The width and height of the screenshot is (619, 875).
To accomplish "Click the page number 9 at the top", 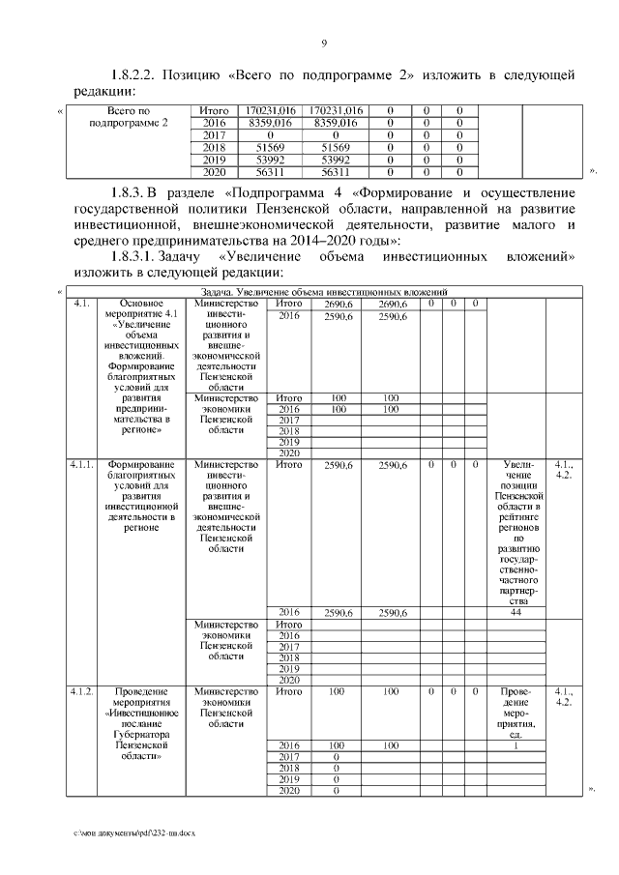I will pos(324,43).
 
